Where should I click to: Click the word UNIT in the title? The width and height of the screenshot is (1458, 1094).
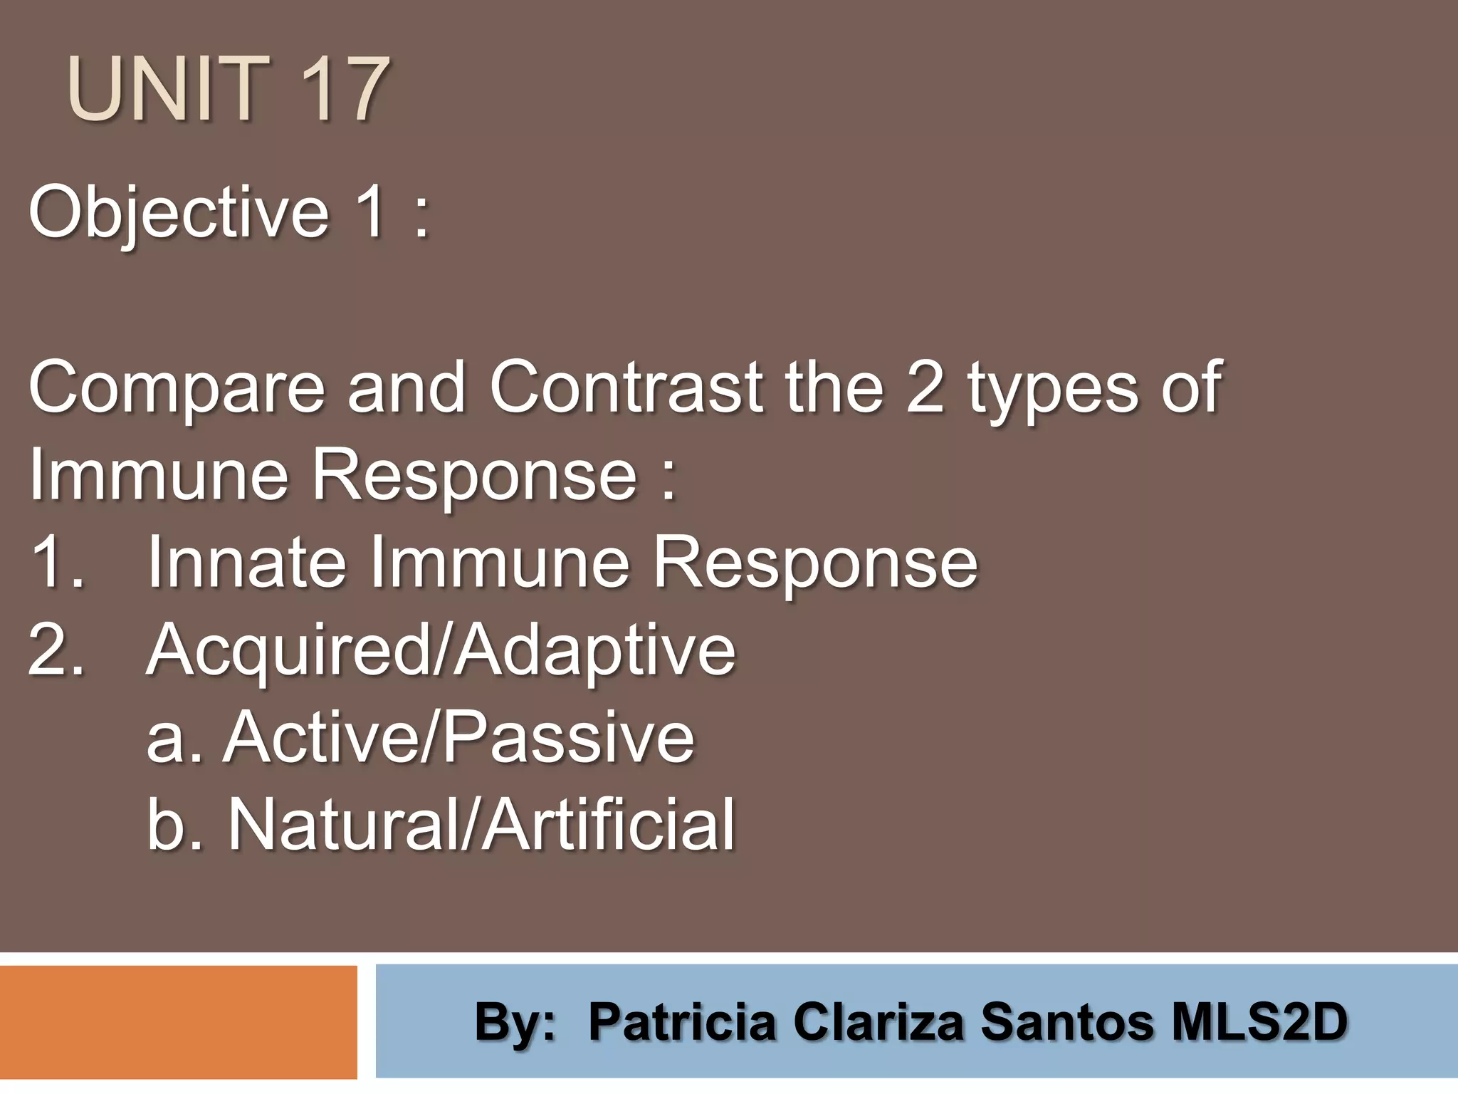tap(168, 90)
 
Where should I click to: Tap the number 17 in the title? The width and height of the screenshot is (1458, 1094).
tap(343, 90)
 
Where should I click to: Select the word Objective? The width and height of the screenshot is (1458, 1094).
tap(178, 212)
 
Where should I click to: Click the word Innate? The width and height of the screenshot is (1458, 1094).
tap(246, 563)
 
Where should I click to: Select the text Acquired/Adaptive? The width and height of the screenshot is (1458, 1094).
tap(441, 650)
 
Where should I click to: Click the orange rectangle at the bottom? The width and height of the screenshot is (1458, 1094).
tap(178, 1022)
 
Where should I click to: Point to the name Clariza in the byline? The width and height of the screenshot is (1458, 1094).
tap(879, 1021)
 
